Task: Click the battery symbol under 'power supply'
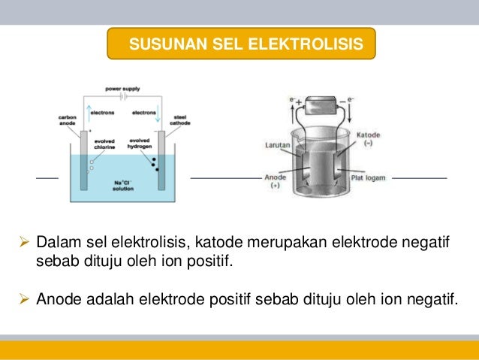click(123, 97)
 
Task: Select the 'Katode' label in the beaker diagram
click(369, 131)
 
